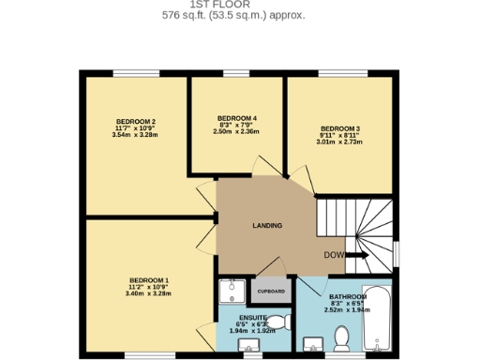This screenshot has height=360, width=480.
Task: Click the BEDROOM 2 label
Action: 135,121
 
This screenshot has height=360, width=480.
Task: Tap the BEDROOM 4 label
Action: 236,118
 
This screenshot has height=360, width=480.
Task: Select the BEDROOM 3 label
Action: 339,128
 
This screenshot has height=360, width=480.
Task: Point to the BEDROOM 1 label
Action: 148,280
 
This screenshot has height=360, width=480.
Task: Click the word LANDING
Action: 267,226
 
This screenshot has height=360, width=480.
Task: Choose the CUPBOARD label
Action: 271,292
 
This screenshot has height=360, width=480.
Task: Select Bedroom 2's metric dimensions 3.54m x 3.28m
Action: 135,136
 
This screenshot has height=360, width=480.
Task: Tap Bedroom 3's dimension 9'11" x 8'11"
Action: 339,136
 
